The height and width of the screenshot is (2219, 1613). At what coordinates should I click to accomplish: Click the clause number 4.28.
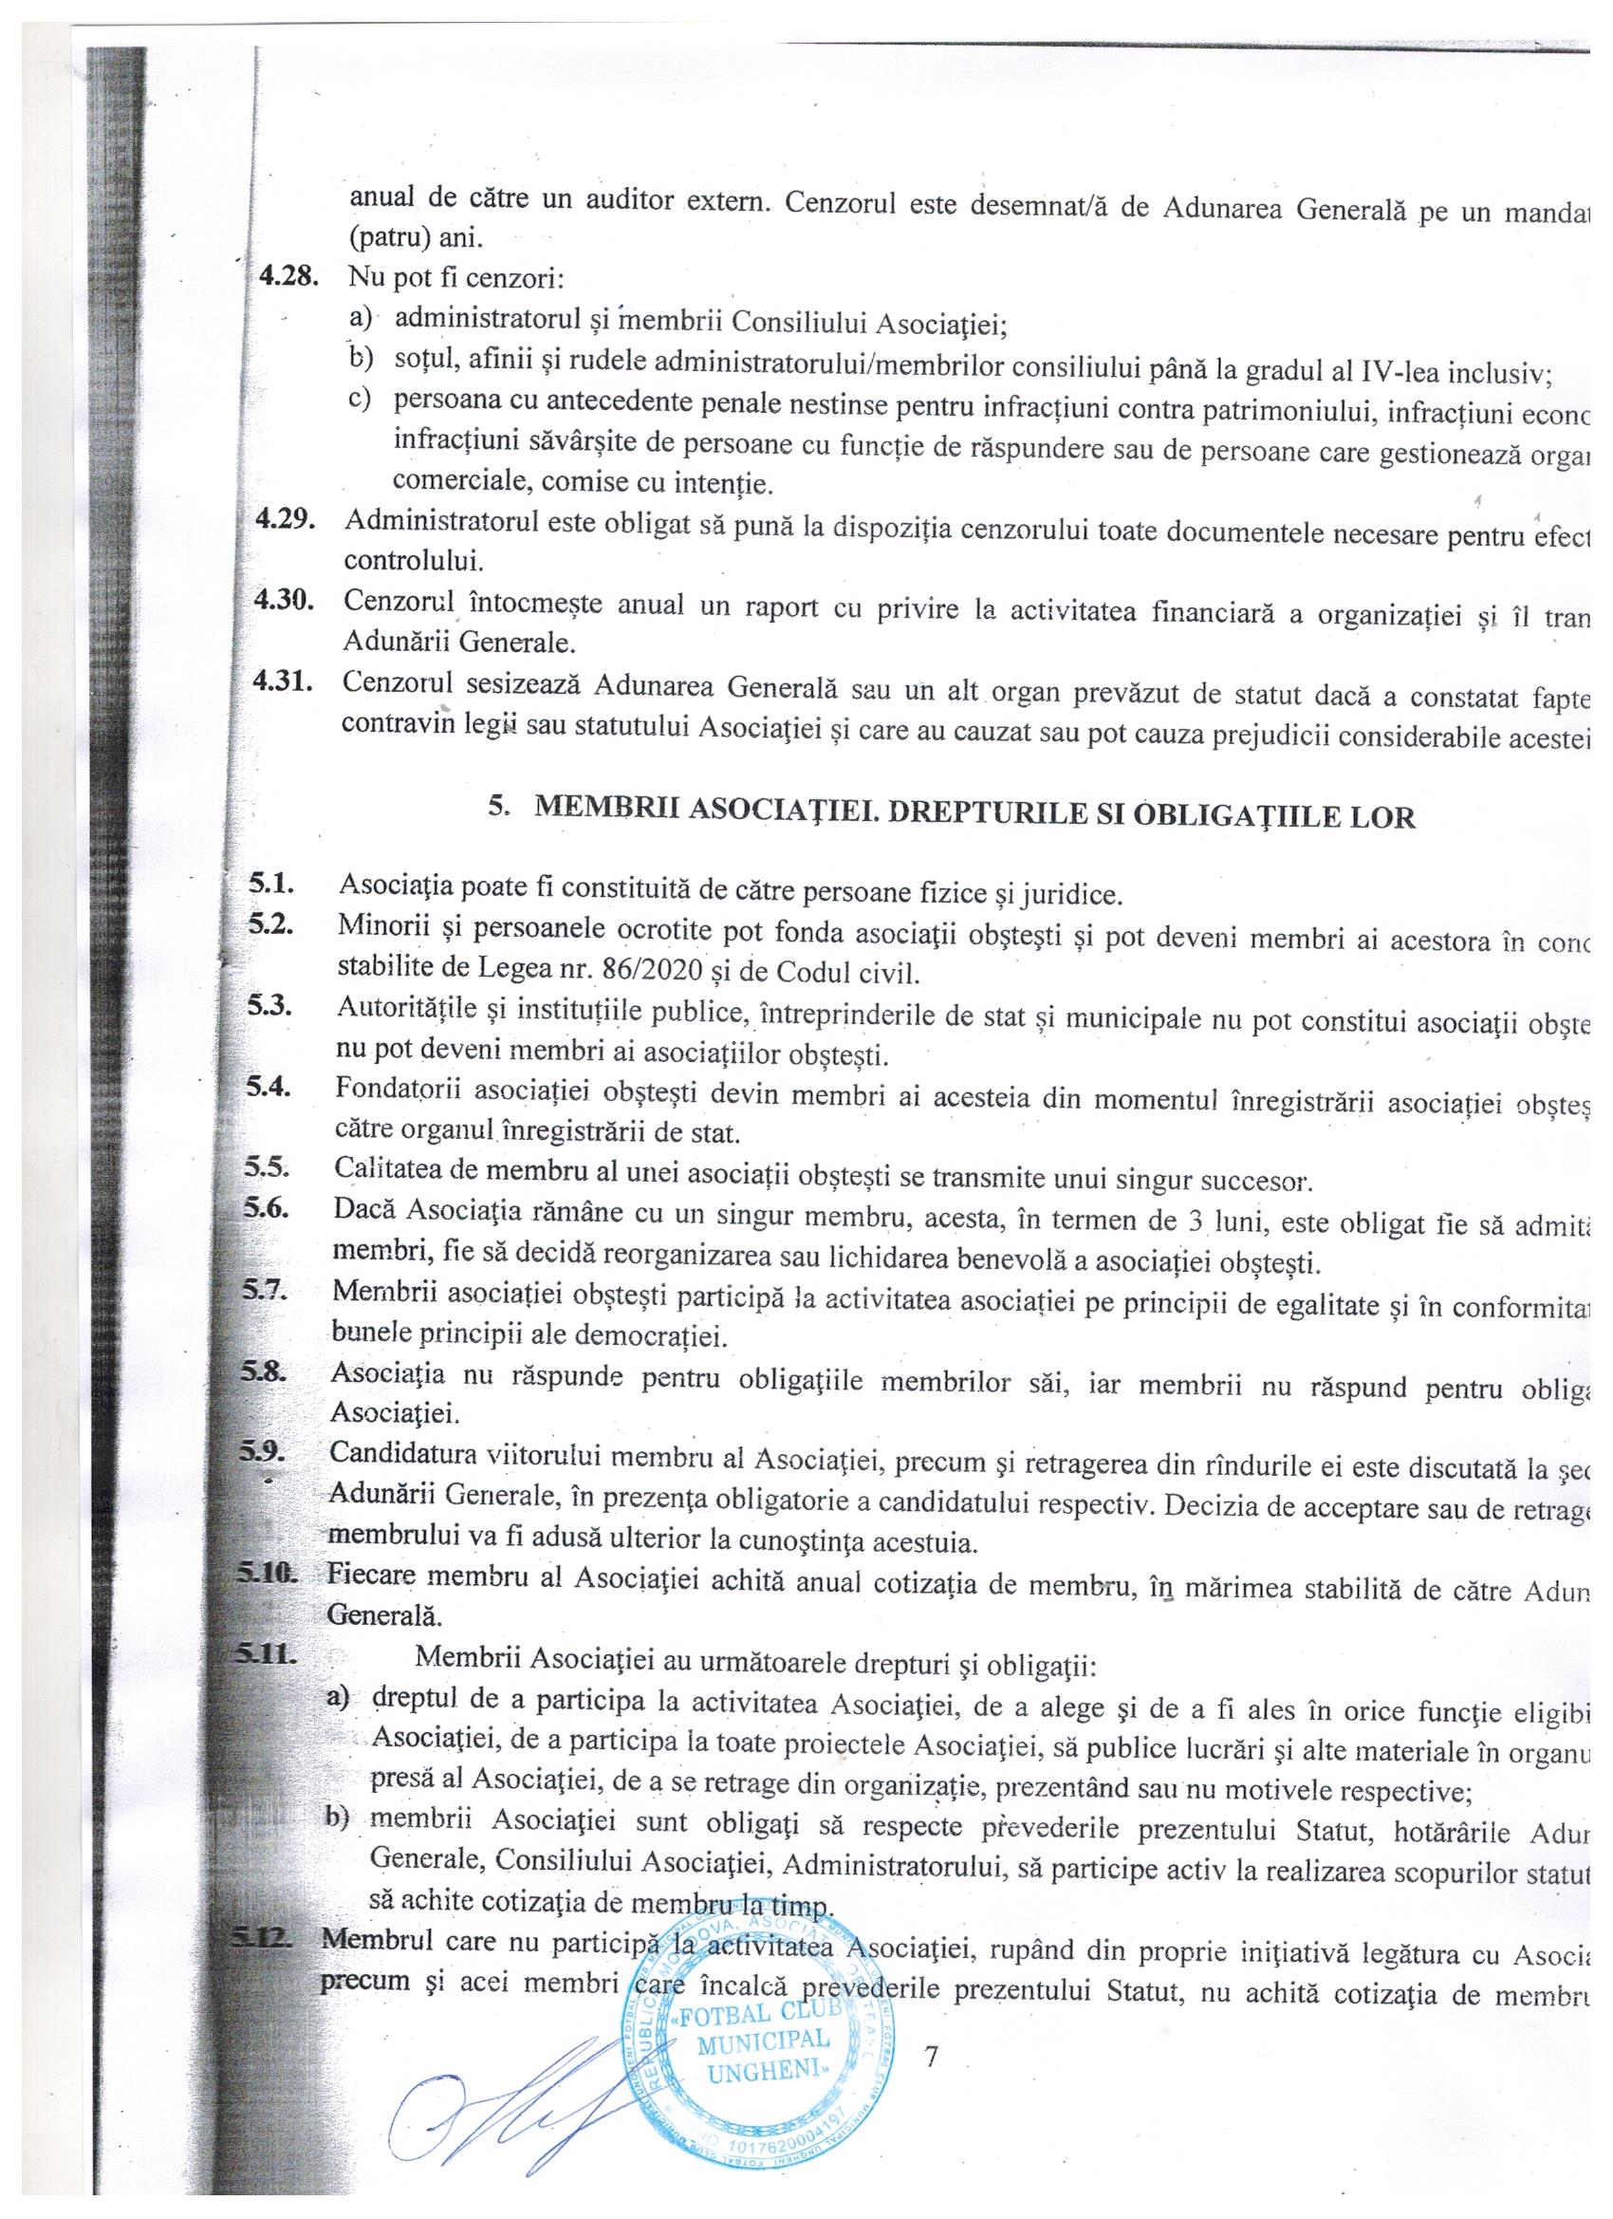[x=287, y=277]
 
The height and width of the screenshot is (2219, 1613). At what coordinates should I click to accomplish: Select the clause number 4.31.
[x=283, y=682]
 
